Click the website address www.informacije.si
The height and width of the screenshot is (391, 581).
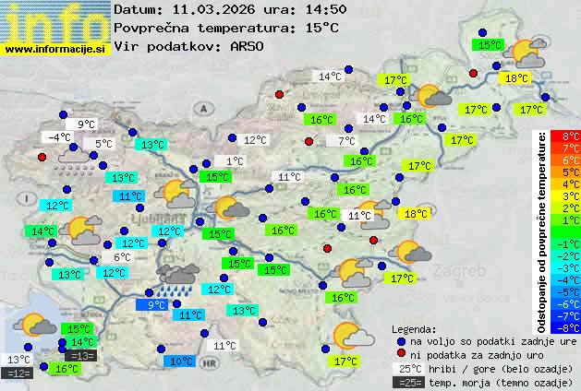tap(56, 47)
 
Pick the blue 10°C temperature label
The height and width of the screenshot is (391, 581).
tap(181, 361)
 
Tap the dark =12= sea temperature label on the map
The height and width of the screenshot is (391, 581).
tap(17, 373)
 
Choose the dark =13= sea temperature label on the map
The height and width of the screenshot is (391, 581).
tap(80, 356)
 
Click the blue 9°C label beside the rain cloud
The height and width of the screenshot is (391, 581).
tap(154, 304)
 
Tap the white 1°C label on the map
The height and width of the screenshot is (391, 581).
tap(235, 161)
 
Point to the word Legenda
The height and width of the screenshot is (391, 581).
tap(413, 328)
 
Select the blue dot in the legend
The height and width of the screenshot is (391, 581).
tap(400, 340)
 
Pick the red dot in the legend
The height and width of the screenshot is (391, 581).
tap(400, 354)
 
